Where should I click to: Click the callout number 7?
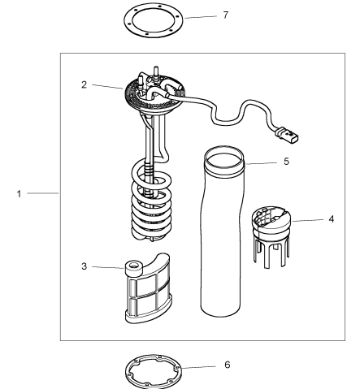click(226, 15)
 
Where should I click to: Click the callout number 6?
click(228, 365)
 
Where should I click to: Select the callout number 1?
click(19, 194)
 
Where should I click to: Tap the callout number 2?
click(84, 84)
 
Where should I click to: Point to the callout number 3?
click(85, 266)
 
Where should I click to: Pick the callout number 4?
click(331, 219)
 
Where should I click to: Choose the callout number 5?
click(286, 162)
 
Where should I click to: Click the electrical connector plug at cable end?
click(287, 134)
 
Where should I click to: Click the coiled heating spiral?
click(151, 201)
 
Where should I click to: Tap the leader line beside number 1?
click(43, 193)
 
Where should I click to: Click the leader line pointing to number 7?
click(201, 17)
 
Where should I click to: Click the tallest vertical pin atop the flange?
click(156, 72)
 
